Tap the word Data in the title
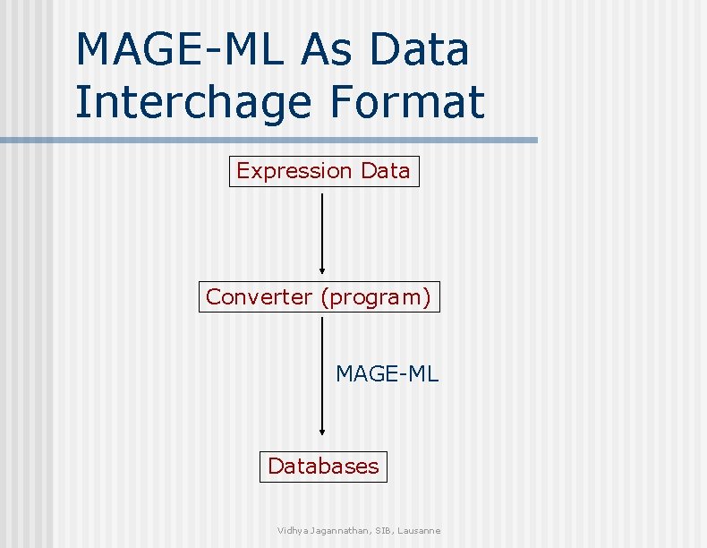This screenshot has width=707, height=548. point(419,49)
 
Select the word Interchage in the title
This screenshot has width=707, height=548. point(193,101)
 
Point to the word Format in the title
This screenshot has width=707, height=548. point(407,101)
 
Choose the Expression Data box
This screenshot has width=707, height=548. point(323,170)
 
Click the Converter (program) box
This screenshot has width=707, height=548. point(319,296)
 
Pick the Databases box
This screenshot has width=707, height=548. point(323,467)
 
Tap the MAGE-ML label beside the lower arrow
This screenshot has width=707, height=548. point(387,373)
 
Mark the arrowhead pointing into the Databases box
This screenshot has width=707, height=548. point(322,431)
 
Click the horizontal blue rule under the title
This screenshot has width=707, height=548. point(268,141)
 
